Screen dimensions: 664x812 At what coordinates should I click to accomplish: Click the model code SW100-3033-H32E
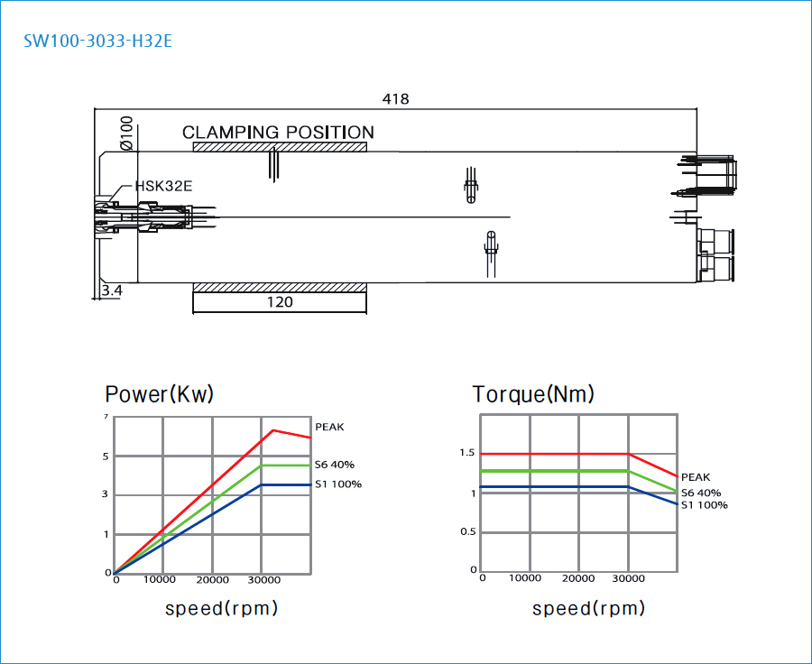97,41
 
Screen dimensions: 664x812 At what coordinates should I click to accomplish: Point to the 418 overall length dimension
395,99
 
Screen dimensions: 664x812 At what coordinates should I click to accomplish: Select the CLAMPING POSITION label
278,133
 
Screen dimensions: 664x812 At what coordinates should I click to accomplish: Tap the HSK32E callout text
163,187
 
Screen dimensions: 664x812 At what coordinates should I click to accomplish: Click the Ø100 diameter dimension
126,134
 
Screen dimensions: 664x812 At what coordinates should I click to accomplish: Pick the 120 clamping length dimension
280,302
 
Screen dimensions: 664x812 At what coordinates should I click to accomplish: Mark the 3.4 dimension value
112,290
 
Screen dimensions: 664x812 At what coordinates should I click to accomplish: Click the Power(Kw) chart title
160,394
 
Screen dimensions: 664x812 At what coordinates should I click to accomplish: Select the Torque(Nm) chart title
533,394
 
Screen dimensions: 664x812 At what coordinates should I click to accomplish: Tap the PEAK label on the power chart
329,427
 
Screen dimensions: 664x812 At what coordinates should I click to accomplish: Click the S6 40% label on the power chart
334,465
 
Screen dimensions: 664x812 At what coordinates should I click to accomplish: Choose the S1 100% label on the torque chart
704,505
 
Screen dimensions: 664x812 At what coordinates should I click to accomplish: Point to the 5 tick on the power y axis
106,456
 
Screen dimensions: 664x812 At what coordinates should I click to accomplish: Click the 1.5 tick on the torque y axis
466,453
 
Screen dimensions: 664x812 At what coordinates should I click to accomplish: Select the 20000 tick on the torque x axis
577,578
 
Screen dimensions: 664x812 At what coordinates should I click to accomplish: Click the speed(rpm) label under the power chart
221,608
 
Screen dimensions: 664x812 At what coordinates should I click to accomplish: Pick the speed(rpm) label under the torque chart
588,608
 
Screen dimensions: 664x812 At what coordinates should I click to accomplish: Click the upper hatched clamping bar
280,147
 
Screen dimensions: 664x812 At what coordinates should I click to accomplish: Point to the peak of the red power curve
272,430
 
